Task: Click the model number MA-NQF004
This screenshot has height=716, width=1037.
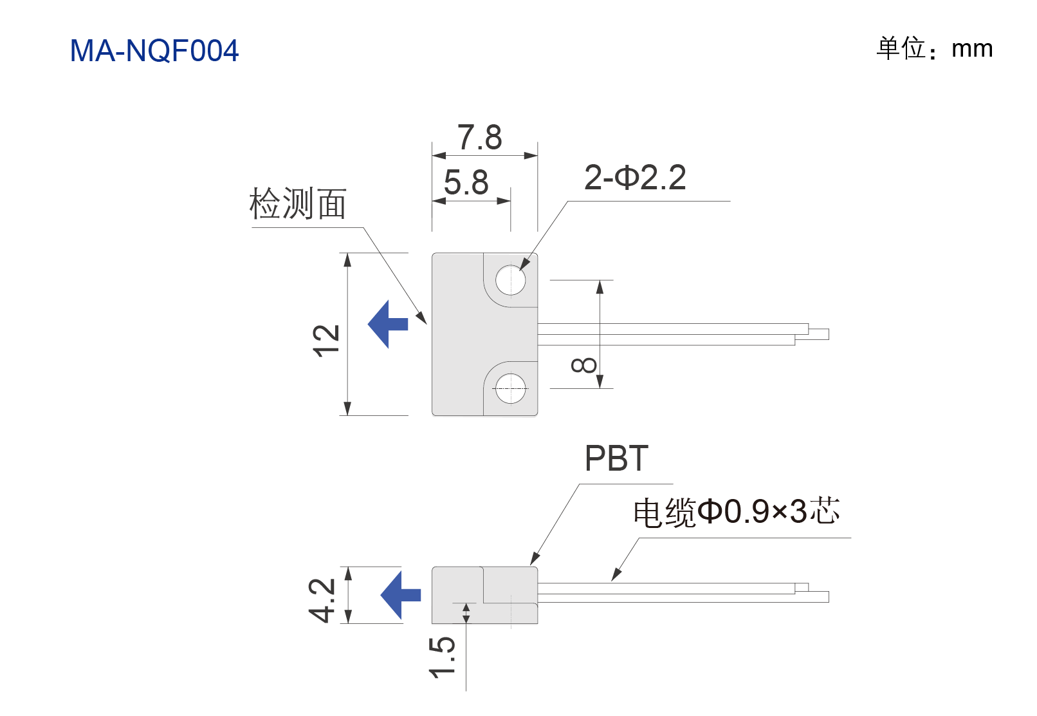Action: pyautogui.click(x=154, y=50)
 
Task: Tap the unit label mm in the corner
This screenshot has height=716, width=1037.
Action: pyautogui.click(x=972, y=49)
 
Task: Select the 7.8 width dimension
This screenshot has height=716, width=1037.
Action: pyautogui.click(x=480, y=137)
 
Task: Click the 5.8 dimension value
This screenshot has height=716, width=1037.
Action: pyautogui.click(x=466, y=182)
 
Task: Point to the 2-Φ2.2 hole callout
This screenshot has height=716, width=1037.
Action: pyautogui.click(x=635, y=178)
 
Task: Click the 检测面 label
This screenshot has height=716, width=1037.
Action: pyautogui.click(x=298, y=203)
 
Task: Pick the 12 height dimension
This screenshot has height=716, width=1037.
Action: pyautogui.click(x=326, y=341)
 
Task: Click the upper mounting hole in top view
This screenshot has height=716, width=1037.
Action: pyautogui.click(x=510, y=280)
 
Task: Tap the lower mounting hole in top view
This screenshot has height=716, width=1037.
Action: pyautogui.click(x=510, y=388)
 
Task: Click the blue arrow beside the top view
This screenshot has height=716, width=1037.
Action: pyautogui.click(x=388, y=325)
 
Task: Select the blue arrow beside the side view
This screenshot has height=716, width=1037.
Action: pyautogui.click(x=400, y=595)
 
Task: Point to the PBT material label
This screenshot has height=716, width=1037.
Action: pyautogui.click(x=616, y=459)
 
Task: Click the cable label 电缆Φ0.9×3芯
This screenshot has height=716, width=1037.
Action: pyautogui.click(x=737, y=512)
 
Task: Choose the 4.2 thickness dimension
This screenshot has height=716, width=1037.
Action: pyautogui.click(x=321, y=601)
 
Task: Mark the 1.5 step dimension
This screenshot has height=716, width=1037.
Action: pyautogui.click(x=442, y=657)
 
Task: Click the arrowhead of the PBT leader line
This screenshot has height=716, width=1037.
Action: pyautogui.click(x=535, y=559)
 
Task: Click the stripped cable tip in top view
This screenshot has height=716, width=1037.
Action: pyautogui.click(x=818, y=334)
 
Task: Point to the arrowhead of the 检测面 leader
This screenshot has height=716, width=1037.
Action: pyautogui.click(x=421, y=318)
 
